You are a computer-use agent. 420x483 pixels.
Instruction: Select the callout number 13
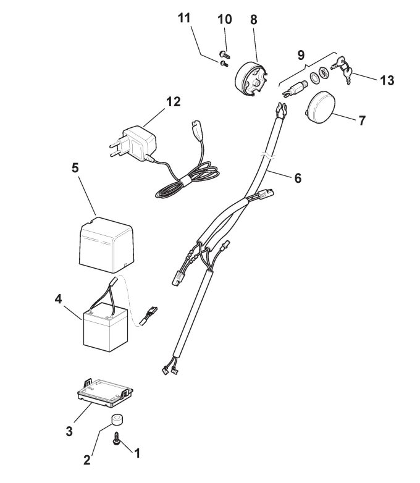387,80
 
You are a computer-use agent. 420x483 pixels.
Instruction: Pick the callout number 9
301,56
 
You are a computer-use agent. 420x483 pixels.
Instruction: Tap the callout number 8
254,20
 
